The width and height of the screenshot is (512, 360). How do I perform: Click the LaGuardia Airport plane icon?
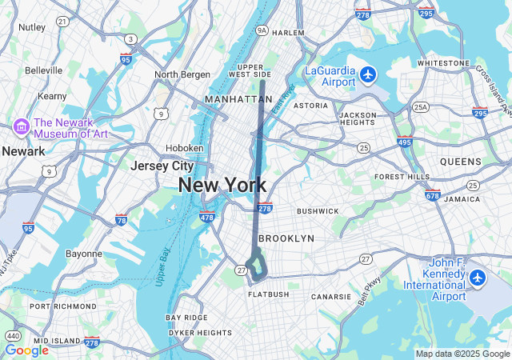point(368,74)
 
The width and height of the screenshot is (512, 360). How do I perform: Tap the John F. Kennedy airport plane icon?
point(478,278)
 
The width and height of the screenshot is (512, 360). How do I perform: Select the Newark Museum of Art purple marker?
point(22,126)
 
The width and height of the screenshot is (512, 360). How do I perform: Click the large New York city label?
point(222,185)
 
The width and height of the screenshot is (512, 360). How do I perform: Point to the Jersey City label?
point(162,166)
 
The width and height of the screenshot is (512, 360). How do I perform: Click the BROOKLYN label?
point(286,238)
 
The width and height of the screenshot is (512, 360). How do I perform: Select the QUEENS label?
point(460,161)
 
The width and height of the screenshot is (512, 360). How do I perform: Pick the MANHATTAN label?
point(238,99)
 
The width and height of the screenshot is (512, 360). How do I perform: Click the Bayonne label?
point(83,254)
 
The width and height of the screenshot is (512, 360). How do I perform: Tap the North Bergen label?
point(182,74)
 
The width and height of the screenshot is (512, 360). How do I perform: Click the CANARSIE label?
point(331,296)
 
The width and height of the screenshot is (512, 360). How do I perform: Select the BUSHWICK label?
point(318,211)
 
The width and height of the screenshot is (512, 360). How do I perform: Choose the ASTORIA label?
point(310,106)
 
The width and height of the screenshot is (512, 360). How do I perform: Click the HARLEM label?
point(288,33)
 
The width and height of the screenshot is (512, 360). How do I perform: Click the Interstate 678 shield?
point(433,194)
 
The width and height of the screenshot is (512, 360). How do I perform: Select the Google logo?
point(26,350)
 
